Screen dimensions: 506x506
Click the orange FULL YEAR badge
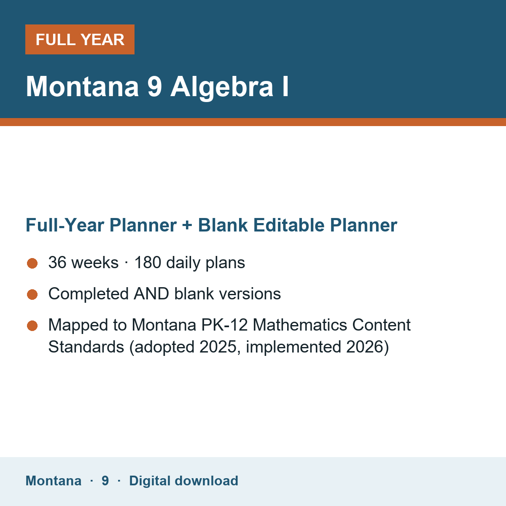80,39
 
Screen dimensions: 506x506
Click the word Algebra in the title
222,87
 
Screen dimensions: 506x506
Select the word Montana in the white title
82,87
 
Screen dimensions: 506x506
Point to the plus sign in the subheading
187,225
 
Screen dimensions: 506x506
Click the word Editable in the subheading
289,225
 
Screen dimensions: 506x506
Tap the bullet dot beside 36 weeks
32,264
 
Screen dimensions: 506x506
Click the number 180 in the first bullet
148,262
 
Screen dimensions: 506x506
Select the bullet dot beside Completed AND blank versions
32,295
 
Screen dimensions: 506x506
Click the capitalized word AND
151,293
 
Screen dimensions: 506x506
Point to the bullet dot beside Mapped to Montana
32,326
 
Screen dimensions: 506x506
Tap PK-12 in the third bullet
224,325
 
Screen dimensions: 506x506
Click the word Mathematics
300,325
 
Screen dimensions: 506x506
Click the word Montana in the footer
54,481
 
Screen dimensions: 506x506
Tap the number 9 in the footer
105,481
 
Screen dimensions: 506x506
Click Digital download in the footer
183,481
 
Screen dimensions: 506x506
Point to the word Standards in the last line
86,347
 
